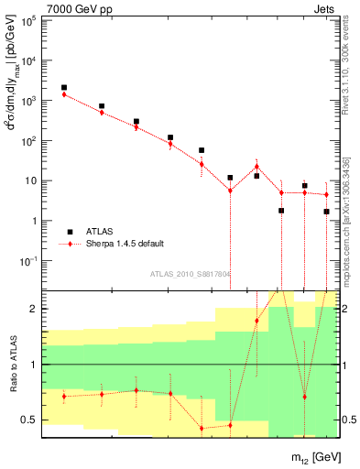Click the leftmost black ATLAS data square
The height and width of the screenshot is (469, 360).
(64, 88)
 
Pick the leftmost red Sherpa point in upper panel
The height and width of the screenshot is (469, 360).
(64, 94)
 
